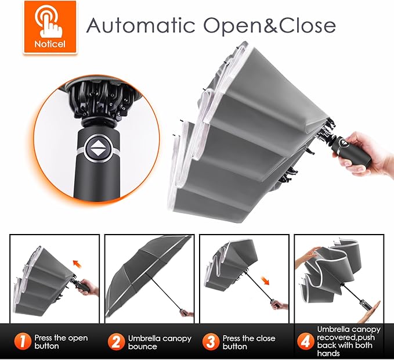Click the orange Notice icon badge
(x=50, y=27)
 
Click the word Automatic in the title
(x=140, y=25)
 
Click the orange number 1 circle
(x=23, y=341)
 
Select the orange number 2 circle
(x=116, y=341)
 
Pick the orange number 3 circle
(x=211, y=341)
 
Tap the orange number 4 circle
(x=306, y=341)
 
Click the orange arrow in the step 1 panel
(x=77, y=264)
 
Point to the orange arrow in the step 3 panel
(x=265, y=280)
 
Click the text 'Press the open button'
(x=61, y=342)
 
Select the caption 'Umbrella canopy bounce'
(x=160, y=342)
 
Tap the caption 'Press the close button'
(x=249, y=342)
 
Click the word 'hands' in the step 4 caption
(x=328, y=353)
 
